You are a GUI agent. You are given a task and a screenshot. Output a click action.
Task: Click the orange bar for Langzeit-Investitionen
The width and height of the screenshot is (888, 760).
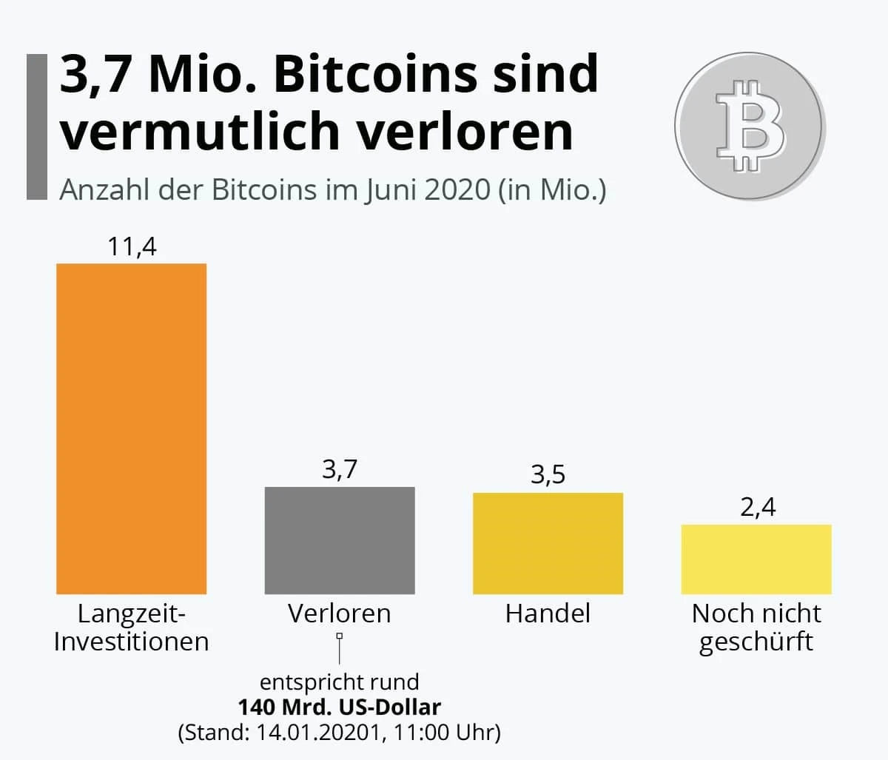coord(132,428)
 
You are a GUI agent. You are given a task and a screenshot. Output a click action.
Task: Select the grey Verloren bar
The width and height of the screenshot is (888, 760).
coord(340,540)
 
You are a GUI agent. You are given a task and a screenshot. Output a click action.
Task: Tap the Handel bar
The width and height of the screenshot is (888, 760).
coord(548,543)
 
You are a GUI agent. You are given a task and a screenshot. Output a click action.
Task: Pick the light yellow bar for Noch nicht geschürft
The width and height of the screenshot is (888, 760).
coord(756,559)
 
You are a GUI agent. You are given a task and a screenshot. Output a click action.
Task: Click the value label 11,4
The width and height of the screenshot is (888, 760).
coord(132,246)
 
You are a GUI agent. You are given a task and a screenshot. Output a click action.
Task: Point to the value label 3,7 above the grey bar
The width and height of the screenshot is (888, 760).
coord(340,469)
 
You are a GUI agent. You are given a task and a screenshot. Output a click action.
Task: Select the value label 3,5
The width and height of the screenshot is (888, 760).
coord(548,474)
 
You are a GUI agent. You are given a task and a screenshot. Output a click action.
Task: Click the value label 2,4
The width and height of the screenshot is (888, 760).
coord(757,507)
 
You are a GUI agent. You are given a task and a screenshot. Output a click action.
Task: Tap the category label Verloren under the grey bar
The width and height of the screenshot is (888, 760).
coord(340,613)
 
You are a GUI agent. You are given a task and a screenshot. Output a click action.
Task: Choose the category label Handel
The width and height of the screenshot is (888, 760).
coord(548,613)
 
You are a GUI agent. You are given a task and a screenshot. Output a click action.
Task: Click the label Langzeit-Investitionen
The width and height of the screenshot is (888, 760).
coord(132,627)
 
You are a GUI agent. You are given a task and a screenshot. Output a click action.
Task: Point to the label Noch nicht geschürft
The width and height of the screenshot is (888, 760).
coord(756,627)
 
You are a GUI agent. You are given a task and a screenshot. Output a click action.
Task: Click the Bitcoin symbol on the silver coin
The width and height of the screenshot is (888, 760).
coord(749,125)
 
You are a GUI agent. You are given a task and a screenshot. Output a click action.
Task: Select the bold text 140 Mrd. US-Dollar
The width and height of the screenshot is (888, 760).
coord(339,707)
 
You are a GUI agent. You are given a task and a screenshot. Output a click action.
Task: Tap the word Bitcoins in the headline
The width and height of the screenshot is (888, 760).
coord(375,75)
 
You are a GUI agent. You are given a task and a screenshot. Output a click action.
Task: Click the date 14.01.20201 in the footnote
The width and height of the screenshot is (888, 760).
coord(319,733)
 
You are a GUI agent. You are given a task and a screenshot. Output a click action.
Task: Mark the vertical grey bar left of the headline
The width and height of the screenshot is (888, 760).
coord(36,126)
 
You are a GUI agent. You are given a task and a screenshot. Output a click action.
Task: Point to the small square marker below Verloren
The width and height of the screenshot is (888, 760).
coord(340,636)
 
